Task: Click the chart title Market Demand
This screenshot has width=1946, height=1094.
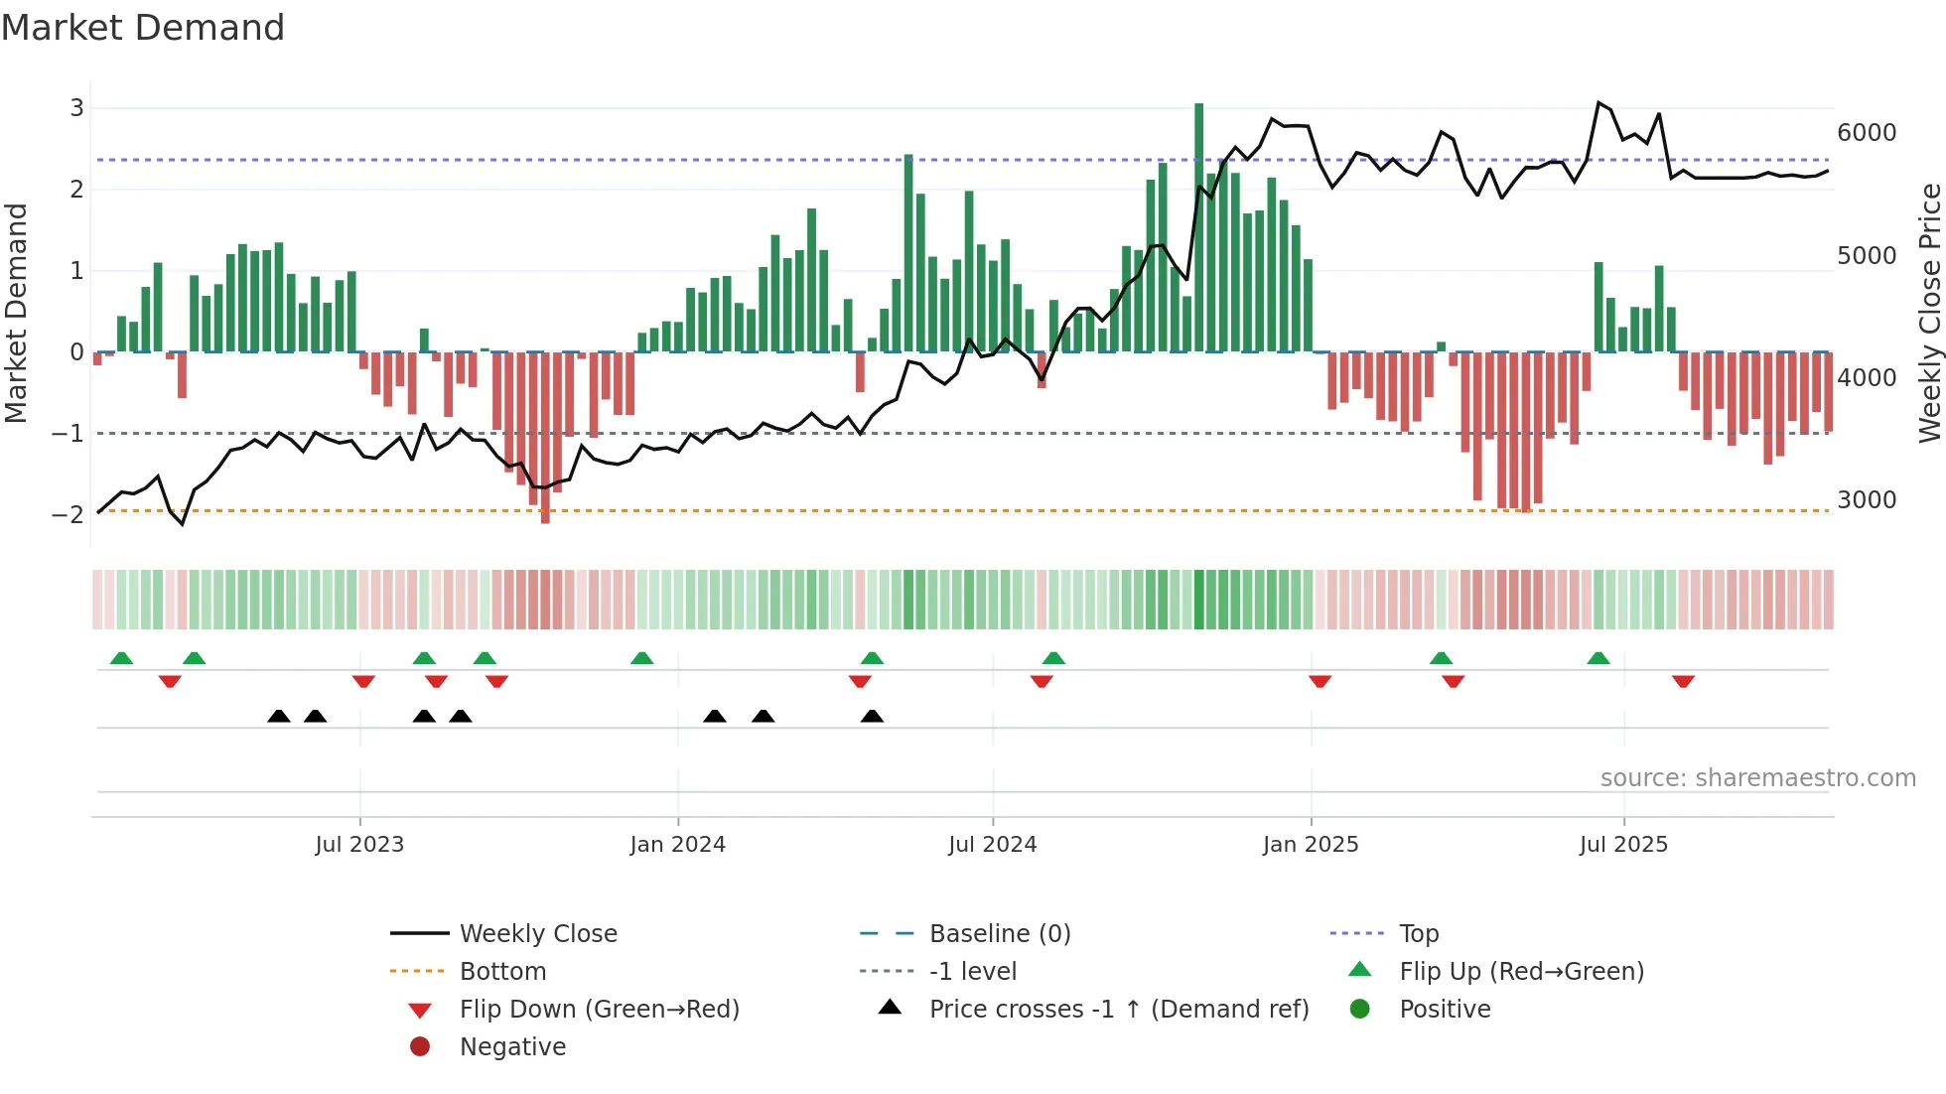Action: point(143,28)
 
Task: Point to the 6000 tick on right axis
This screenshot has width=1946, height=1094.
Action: point(1867,133)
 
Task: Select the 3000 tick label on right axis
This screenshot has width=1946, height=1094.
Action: point(1867,500)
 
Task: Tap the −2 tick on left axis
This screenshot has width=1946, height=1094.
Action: point(68,514)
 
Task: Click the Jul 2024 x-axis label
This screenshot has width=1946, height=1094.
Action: point(992,845)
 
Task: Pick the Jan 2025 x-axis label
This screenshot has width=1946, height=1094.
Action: point(1310,845)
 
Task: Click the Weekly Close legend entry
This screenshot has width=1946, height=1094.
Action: point(537,934)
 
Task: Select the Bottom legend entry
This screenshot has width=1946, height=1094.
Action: point(502,972)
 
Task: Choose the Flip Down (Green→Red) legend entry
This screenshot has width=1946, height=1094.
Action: point(599,1010)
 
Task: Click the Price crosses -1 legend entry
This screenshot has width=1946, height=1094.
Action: point(1118,1010)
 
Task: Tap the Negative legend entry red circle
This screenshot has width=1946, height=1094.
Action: point(420,1047)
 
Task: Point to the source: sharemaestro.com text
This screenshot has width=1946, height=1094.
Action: point(1757,778)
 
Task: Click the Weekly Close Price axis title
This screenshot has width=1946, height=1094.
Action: point(1929,313)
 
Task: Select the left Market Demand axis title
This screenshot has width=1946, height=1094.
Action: point(16,313)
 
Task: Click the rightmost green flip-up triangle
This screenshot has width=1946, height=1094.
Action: point(1598,658)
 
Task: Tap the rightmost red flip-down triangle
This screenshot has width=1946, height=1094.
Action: point(1683,681)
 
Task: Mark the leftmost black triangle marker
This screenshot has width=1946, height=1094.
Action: point(279,716)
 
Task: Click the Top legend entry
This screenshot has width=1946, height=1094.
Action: point(1418,934)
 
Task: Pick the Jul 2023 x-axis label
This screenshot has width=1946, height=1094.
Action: point(359,845)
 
